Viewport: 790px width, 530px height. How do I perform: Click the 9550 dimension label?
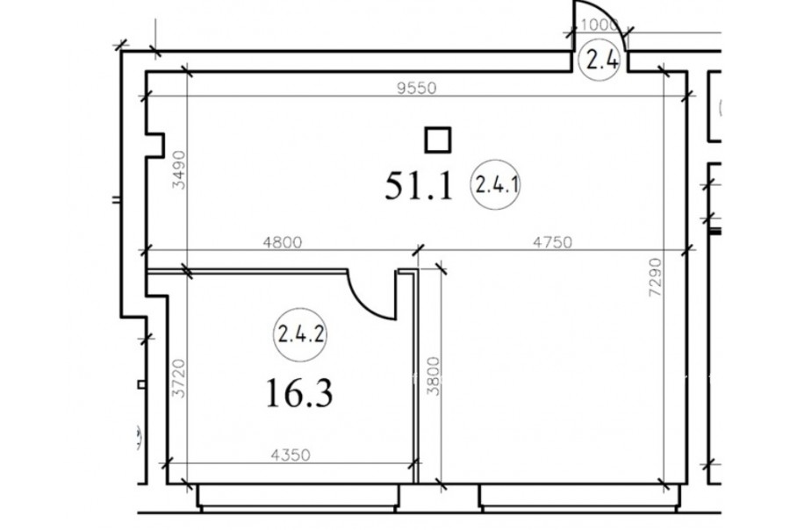click(416, 88)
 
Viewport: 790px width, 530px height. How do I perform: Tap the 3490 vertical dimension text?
click(179, 170)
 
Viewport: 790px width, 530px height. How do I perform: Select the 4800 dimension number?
click(283, 243)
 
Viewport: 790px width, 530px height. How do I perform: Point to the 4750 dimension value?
click(553, 242)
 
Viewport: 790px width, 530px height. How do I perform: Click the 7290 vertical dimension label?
click(655, 277)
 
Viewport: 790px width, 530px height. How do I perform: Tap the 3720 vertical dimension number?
click(179, 378)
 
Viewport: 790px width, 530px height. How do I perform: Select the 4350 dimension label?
click(291, 455)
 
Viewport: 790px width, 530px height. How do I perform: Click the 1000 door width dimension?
click(599, 25)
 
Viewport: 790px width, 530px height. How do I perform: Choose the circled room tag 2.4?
click(599, 61)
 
